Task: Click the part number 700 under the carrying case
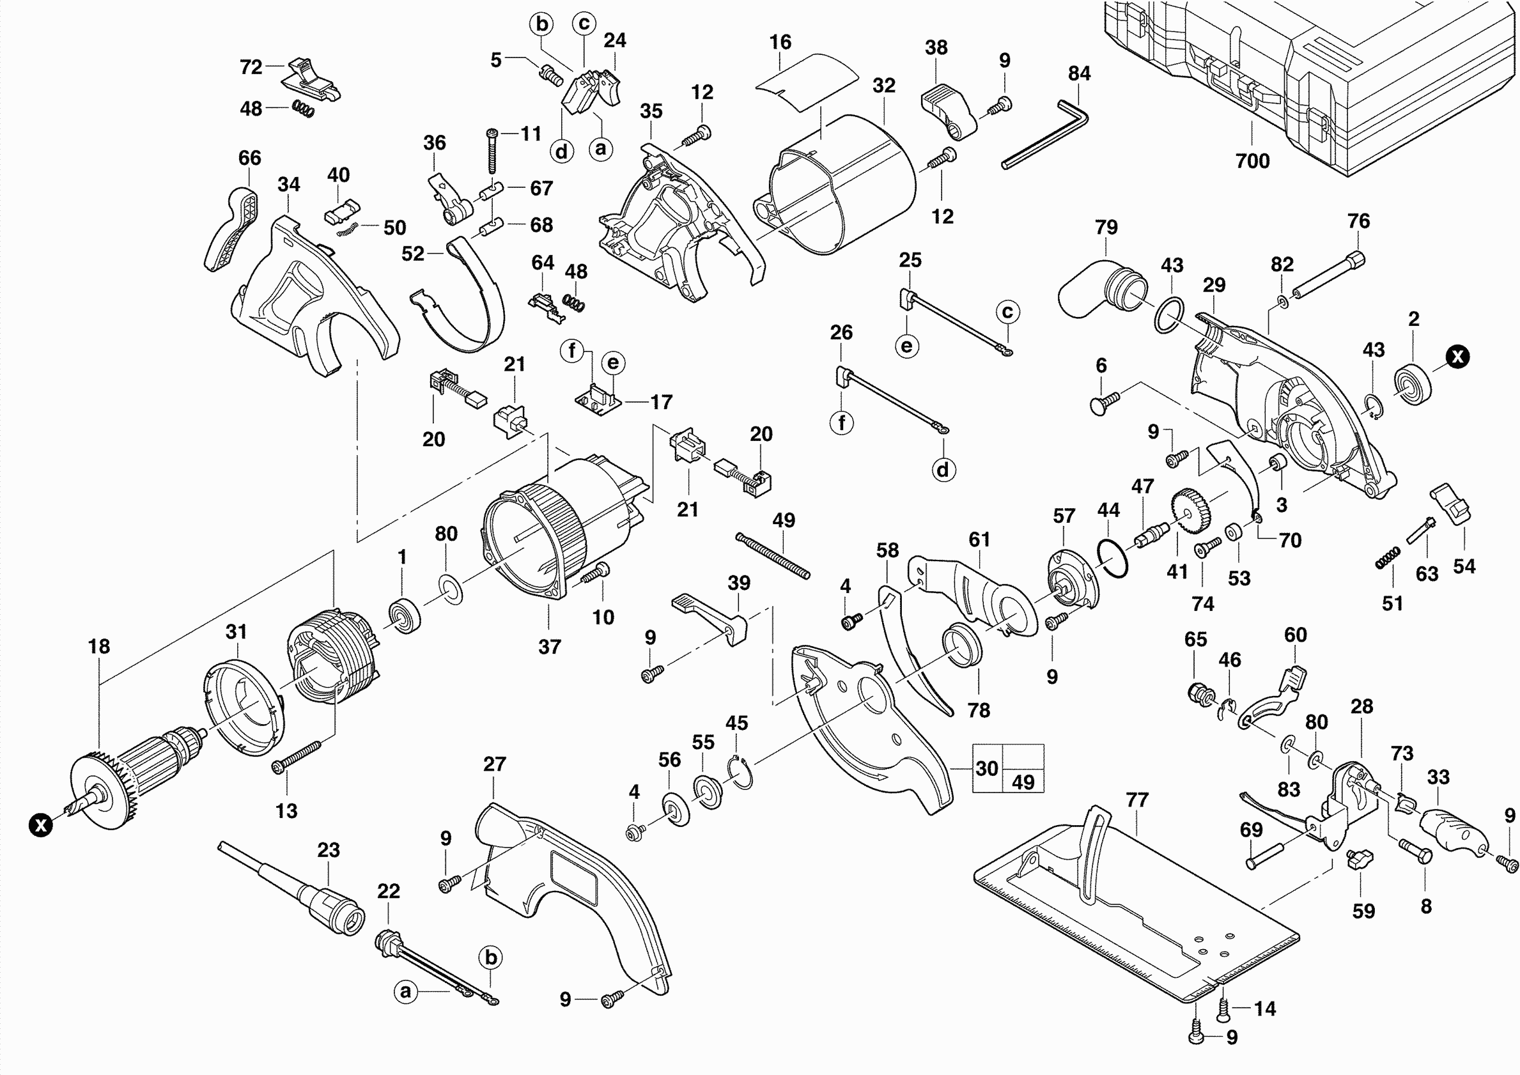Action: pyautogui.click(x=1252, y=161)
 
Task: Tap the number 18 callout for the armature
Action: pyautogui.click(x=99, y=646)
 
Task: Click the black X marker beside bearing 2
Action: pyautogui.click(x=1458, y=357)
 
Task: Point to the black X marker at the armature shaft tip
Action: pyautogui.click(x=41, y=824)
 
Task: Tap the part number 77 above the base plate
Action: pyautogui.click(x=1136, y=800)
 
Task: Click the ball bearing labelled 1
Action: pyautogui.click(x=403, y=615)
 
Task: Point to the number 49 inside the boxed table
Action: pyautogui.click(x=1023, y=782)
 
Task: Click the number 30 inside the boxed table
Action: pyautogui.click(x=986, y=768)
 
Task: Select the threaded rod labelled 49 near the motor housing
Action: pyautogui.click(x=773, y=556)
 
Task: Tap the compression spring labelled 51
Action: pyautogui.click(x=1388, y=557)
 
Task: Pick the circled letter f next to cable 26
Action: pyautogui.click(x=841, y=422)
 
